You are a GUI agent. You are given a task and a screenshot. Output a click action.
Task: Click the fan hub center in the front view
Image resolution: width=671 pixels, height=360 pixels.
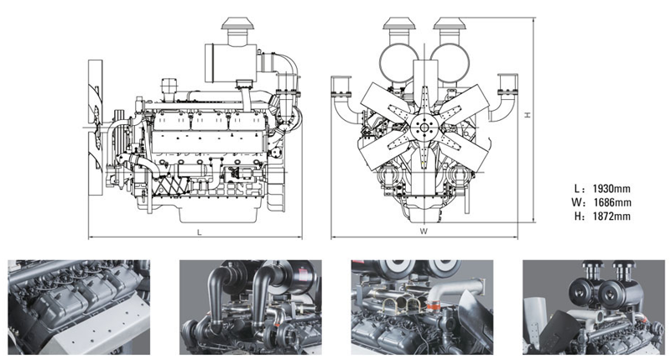coord(424,128)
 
